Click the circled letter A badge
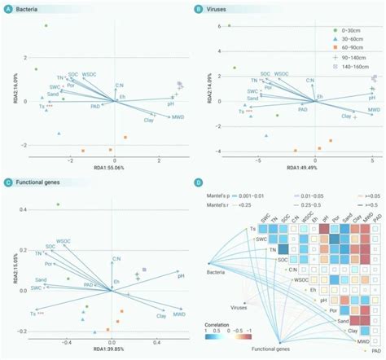[x=7, y=7]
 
